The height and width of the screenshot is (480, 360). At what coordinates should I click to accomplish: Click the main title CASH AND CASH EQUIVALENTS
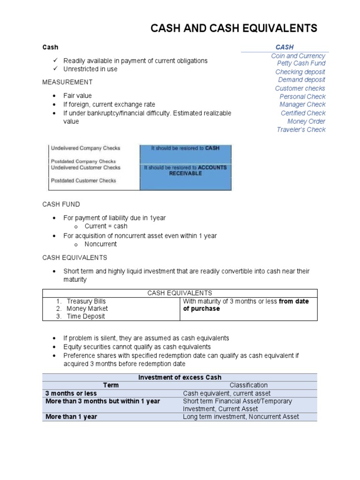233,29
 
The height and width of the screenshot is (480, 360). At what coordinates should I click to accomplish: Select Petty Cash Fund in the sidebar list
301,63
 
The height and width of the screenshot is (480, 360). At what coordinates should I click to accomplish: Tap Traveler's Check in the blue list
301,130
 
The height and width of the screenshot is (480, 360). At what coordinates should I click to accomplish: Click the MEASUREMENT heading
67,82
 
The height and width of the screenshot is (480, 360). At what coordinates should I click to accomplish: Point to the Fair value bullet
78,96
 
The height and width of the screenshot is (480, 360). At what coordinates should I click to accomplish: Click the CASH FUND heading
61,204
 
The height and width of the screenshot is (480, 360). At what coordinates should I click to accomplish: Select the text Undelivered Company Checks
85,148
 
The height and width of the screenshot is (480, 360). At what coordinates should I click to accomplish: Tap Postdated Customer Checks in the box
83,180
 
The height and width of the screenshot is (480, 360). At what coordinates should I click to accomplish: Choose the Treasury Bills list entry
86,301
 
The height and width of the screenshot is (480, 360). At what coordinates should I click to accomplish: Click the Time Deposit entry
86,316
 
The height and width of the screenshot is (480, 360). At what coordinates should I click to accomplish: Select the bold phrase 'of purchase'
201,309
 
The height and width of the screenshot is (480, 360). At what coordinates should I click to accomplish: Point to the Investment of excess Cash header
180,377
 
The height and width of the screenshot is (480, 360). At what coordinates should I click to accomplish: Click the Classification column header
248,385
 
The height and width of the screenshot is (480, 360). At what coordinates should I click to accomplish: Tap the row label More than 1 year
71,417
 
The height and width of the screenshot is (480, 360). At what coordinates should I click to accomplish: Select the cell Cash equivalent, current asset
226,394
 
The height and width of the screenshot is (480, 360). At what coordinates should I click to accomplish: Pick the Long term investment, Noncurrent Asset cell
240,417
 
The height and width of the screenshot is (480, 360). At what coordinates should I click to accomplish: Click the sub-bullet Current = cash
106,226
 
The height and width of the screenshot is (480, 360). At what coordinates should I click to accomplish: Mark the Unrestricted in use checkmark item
90,69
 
